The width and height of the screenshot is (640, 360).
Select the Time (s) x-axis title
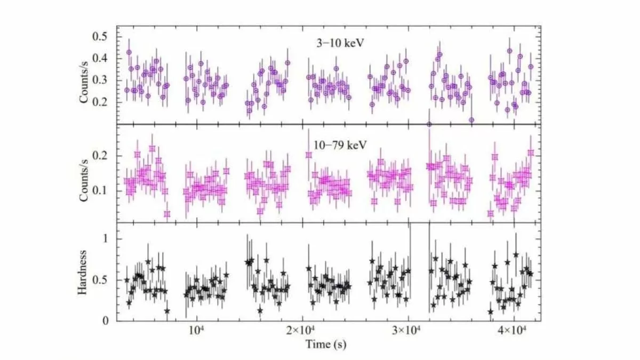(x=326, y=345)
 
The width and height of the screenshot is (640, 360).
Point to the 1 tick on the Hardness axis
(x=105, y=239)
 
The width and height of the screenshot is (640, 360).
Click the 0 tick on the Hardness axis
(x=105, y=320)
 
